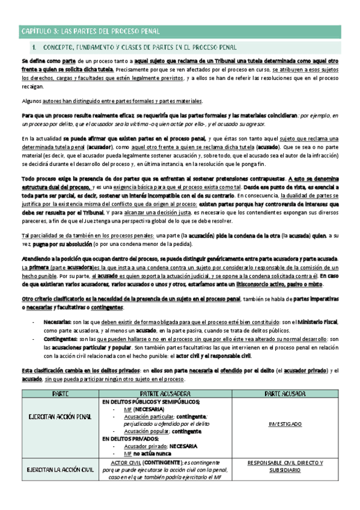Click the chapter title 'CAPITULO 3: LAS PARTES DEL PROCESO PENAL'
click(90, 31)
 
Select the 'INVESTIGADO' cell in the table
click(285, 424)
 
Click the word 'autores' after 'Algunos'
click(55, 101)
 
